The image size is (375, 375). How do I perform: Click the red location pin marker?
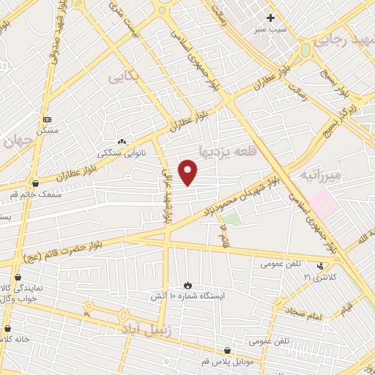point(188,173)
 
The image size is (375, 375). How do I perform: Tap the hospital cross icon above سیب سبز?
point(270,18)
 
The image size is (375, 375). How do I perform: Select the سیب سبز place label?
point(270,29)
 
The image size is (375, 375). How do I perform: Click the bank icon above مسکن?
point(48,119)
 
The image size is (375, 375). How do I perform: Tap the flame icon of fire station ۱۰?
point(187,285)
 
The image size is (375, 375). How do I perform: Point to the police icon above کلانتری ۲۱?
point(319,266)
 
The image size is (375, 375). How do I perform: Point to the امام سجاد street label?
point(304,316)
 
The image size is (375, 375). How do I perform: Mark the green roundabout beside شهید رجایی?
point(304,51)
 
